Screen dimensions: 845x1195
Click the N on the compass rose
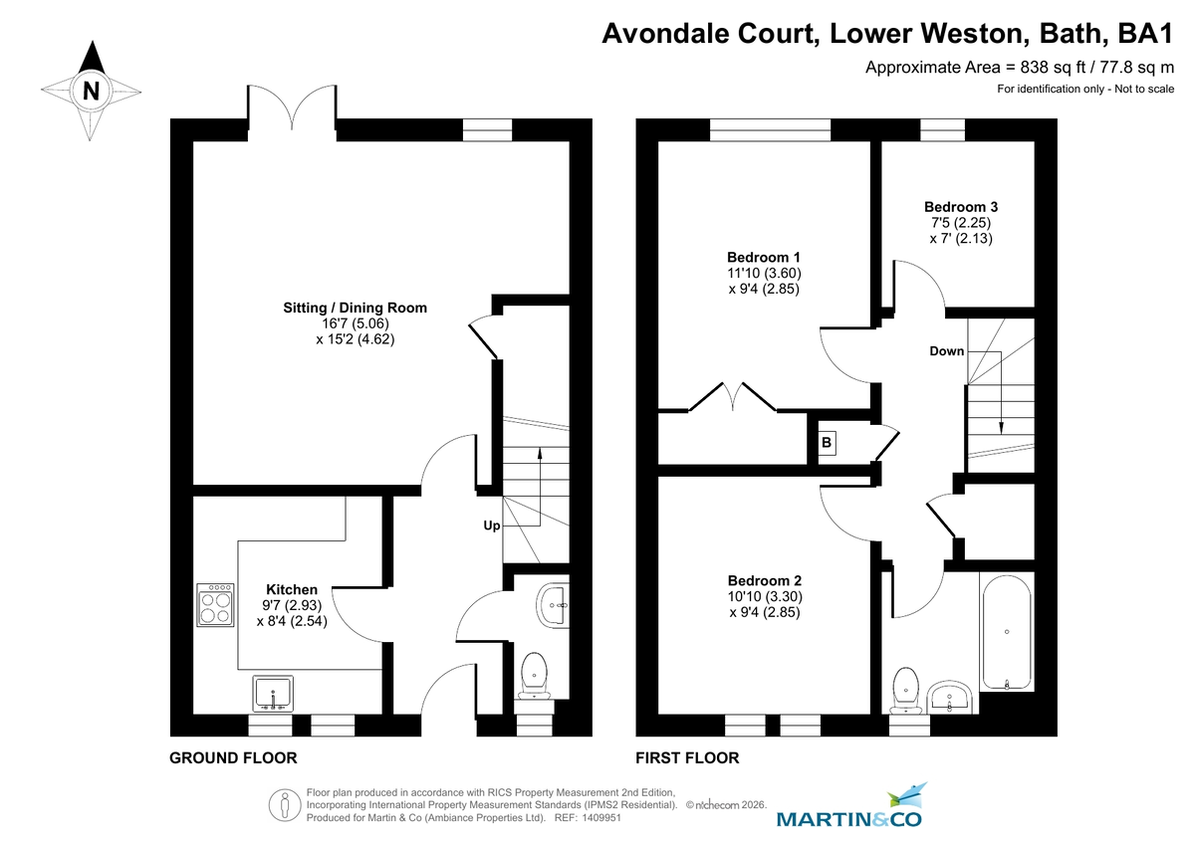(x=91, y=91)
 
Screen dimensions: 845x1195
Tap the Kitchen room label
(x=291, y=590)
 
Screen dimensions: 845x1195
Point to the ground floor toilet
(x=536, y=673)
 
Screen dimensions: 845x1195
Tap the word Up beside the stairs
(x=492, y=525)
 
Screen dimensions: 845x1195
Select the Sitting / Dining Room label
(x=355, y=308)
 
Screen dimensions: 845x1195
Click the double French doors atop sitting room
(x=292, y=107)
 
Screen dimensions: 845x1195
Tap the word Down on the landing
(x=946, y=351)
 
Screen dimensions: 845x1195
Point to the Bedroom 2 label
(x=764, y=580)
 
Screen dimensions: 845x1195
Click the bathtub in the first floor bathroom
(x=1007, y=631)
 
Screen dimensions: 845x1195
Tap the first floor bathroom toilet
(x=906, y=688)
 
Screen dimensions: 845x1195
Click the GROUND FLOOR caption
(x=233, y=758)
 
